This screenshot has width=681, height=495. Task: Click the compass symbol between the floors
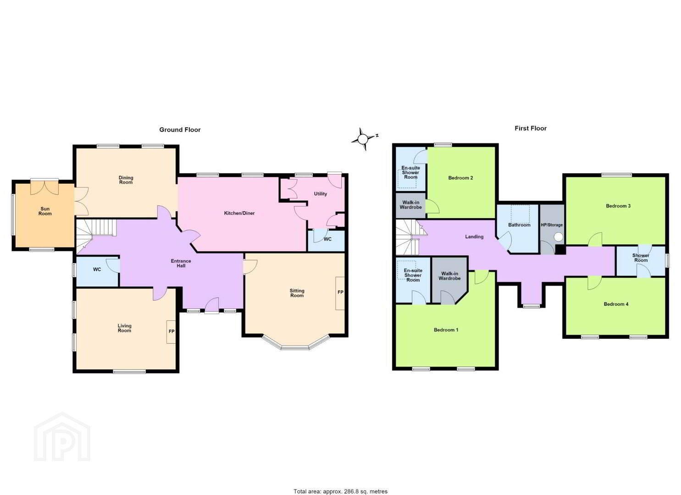coord(363,139)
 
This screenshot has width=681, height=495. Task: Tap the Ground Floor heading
coord(180,130)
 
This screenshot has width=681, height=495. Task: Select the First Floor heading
coord(531,128)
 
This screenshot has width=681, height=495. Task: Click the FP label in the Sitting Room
coord(340,292)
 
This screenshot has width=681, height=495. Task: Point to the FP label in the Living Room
coord(172,331)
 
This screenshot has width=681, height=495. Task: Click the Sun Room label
coord(45,211)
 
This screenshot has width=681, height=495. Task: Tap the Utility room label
coord(321,193)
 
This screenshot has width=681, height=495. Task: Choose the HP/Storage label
coord(552,225)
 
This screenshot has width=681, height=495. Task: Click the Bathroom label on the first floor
coord(519,225)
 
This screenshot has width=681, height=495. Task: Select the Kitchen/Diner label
coord(239,213)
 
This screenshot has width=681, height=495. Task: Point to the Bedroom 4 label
coord(616,304)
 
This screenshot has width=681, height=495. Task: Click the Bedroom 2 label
coord(460,178)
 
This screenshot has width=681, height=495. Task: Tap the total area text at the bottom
coord(340,483)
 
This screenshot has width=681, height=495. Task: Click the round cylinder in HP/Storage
coord(558,236)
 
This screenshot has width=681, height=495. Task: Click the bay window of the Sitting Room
coord(295,343)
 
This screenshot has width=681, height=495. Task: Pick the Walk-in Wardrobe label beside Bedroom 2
coord(410,205)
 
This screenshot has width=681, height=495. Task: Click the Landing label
coord(474,236)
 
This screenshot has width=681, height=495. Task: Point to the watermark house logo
coord(62,436)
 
